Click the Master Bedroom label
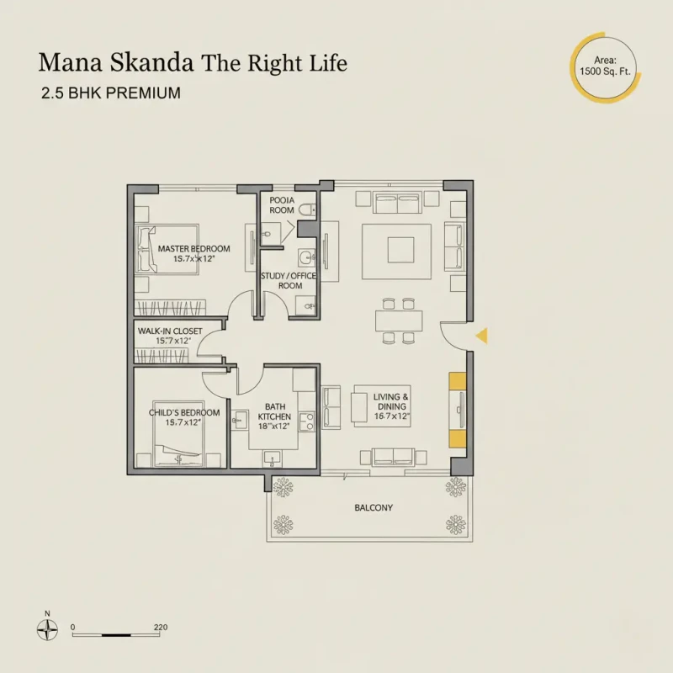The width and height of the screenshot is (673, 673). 193,249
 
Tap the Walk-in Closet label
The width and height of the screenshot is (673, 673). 169,331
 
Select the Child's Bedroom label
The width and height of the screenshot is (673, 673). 184,412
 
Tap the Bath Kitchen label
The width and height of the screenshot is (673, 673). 275,411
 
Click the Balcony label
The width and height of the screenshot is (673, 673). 374,508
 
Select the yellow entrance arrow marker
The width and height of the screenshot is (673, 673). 482,336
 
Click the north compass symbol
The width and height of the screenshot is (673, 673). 47,628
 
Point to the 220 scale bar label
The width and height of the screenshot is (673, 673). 162,628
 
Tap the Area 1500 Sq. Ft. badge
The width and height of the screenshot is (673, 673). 603,66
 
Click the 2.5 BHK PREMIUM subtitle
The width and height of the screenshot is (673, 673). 110,93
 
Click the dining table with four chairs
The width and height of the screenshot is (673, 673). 398,321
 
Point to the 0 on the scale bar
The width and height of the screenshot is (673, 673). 73,628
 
